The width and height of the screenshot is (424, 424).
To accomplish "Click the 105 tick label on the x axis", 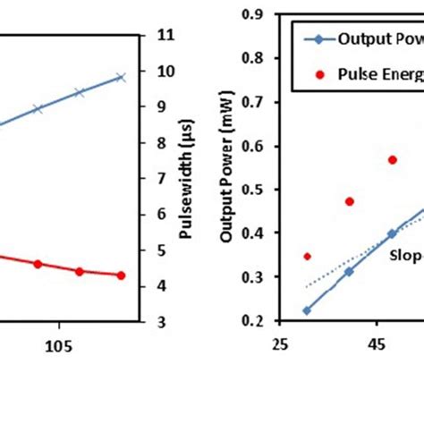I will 59,344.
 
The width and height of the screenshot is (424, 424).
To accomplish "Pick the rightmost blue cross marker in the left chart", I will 122,78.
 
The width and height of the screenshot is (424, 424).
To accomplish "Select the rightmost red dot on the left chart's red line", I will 122,276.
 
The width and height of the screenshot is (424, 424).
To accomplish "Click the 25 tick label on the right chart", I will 279,344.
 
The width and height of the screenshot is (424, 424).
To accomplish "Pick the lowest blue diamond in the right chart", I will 307,310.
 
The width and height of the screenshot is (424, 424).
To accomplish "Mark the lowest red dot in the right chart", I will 307,256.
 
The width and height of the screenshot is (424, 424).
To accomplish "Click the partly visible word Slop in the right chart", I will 403,253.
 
